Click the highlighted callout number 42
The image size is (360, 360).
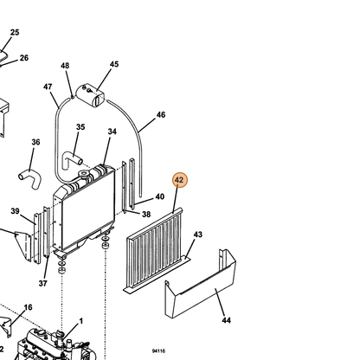tap(179, 180)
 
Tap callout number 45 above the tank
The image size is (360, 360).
tap(114, 64)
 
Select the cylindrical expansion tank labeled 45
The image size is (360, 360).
tap(91, 94)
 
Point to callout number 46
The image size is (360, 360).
tap(161, 115)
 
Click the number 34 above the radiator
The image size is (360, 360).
tap(112, 132)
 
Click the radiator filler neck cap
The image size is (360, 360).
tap(84, 174)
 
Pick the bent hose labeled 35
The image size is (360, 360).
tap(72, 160)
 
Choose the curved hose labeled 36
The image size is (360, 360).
tap(30, 179)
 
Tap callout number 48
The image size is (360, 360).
tap(65, 66)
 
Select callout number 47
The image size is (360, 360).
tap(48, 87)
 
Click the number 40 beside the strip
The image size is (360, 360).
tap(160, 196)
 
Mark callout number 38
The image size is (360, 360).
tap(146, 214)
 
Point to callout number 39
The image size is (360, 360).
tap(15, 211)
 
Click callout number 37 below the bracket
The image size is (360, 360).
tap(43, 284)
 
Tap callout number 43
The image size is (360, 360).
tap(198, 235)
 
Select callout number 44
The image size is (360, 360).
tap(227, 320)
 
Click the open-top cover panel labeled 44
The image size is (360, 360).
tap(200, 292)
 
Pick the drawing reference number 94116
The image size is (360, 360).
tap(158, 351)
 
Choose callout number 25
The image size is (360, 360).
tap(15, 32)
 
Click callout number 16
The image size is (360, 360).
tap(28, 307)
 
